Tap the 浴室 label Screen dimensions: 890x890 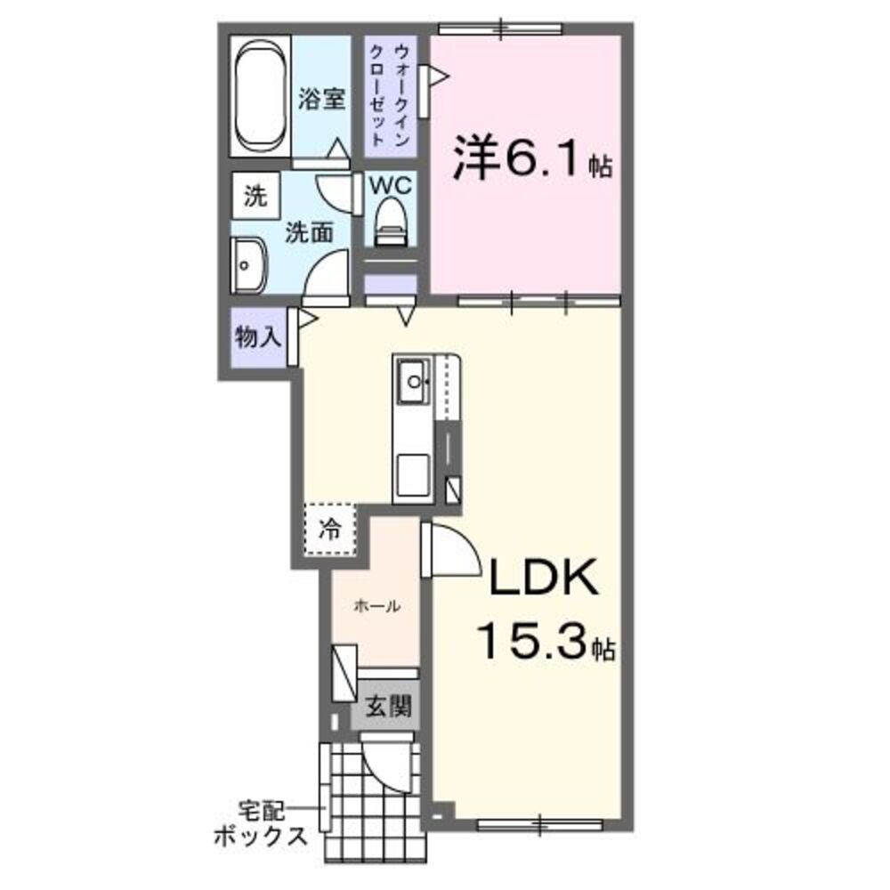tap(321, 100)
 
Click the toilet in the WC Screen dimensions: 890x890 tap(390, 219)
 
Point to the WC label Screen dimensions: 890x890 tap(390, 185)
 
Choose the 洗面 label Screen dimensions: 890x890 tap(309, 233)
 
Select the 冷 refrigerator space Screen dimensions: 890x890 tap(330, 530)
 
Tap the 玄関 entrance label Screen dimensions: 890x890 tap(389, 708)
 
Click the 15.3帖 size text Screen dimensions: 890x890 tap(545, 641)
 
